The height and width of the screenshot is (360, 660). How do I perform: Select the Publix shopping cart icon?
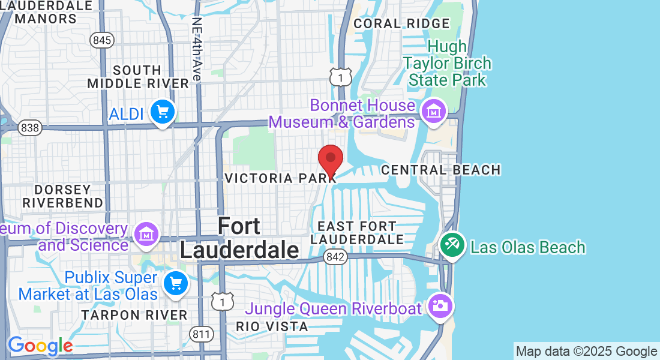click(x=176, y=283)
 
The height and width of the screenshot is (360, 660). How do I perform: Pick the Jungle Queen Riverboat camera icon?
click(x=440, y=305)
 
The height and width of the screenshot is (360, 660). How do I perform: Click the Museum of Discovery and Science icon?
click(x=146, y=235)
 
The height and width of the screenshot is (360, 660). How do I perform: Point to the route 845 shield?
click(x=103, y=40)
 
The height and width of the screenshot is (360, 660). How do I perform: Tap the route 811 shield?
click(x=199, y=333)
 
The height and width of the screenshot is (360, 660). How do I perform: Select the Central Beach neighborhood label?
click(x=441, y=170)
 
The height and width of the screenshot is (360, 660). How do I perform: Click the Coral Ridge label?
click(x=401, y=23)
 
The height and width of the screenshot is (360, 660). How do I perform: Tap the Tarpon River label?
click(x=134, y=315)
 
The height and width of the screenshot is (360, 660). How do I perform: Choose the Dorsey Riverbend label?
click(x=63, y=196)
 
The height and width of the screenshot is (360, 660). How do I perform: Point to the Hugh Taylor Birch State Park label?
click(x=447, y=63)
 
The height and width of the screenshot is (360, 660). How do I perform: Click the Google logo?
click(x=40, y=346)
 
